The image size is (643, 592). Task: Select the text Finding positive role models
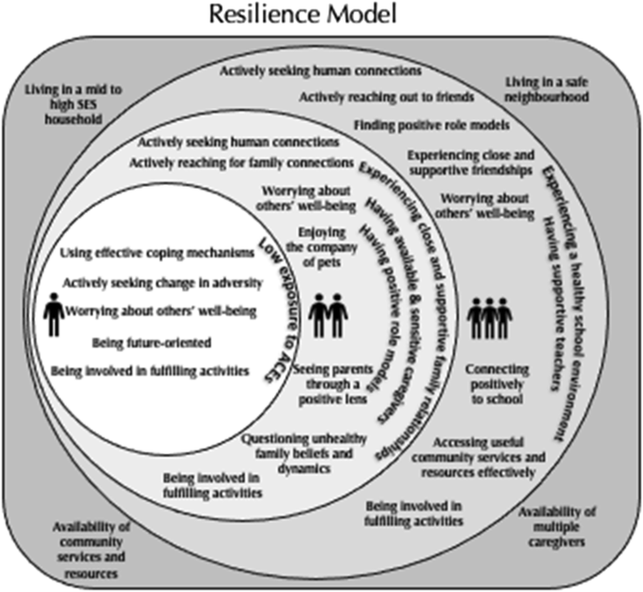tap(431, 125)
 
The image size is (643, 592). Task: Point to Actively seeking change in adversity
tap(157, 281)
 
